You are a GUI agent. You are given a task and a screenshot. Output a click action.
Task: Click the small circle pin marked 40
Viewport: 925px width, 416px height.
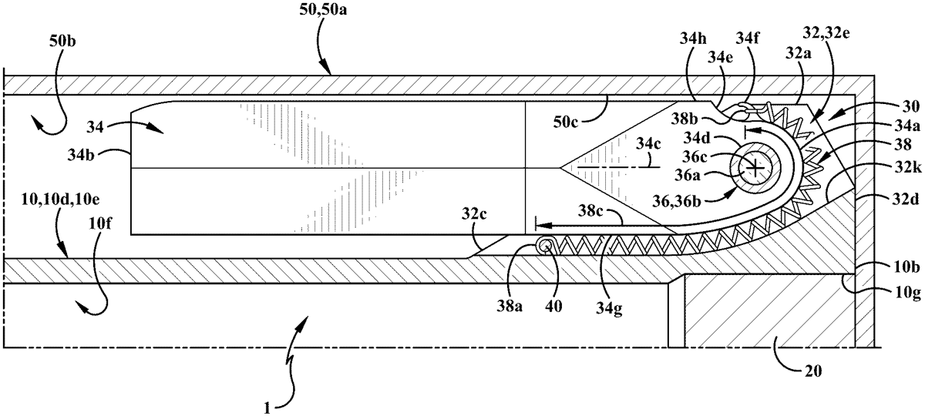tap(545, 246)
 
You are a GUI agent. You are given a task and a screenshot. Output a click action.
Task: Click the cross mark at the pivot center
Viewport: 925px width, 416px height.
tap(758, 166)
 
